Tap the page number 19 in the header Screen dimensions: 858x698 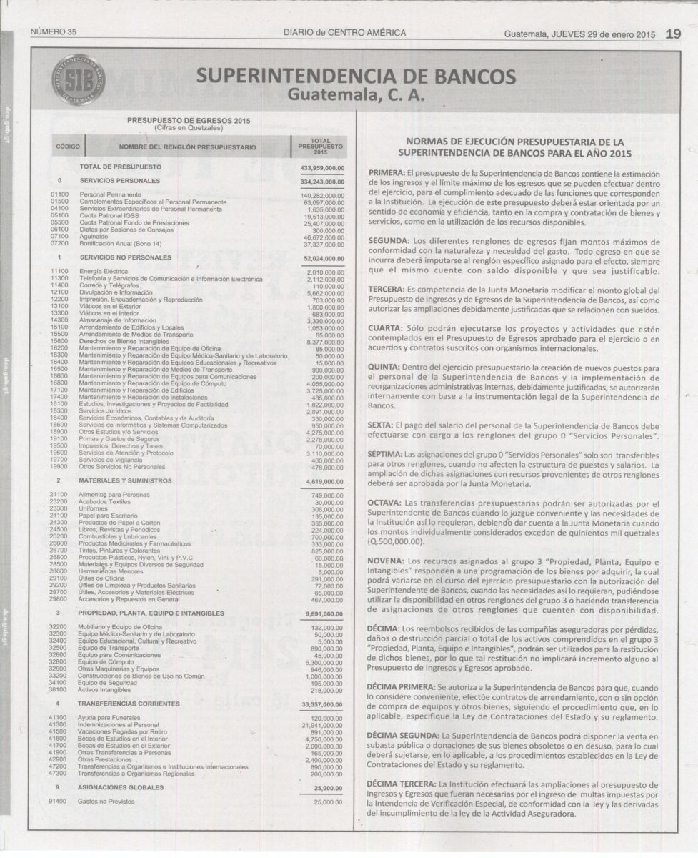pyautogui.click(x=672, y=33)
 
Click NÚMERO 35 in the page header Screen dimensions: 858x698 pyautogui.click(x=54, y=33)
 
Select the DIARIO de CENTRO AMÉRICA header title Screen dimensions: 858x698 pyautogui.click(x=344, y=33)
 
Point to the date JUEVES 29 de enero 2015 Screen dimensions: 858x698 pyautogui.click(x=602, y=34)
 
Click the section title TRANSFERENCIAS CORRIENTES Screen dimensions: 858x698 pyautogui.click(x=130, y=704)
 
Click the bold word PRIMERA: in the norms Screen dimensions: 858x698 pyautogui.click(x=386, y=174)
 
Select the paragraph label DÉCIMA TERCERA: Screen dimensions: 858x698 pyautogui.click(x=402, y=784)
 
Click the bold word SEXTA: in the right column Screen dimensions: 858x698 pyautogui.click(x=381, y=424)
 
